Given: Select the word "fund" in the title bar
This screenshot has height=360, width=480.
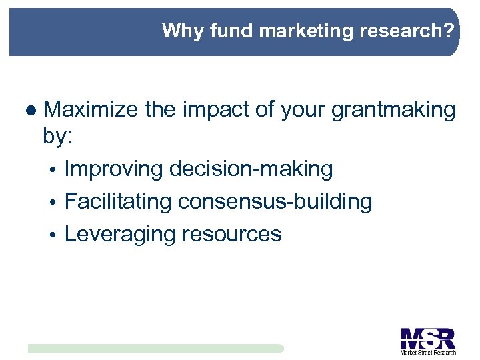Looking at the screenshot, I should click(x=223, y=31).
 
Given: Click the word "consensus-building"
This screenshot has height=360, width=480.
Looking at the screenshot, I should click(x=275, y=201).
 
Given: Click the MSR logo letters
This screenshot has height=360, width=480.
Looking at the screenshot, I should click(x=427, y=337).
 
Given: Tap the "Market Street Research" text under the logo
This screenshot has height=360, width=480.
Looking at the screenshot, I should click(x=427, y=352).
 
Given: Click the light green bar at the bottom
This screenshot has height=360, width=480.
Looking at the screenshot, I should click(x=155, y=349).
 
